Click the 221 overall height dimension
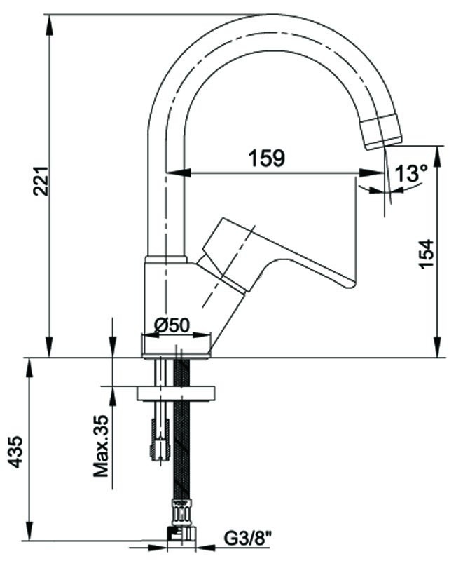tap(41, 181)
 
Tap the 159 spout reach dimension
tap(267, 158)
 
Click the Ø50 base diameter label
tap(171, 325)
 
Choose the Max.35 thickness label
tap(101, 446)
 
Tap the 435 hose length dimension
tap(15, 452)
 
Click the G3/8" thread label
tap(248, 539)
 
